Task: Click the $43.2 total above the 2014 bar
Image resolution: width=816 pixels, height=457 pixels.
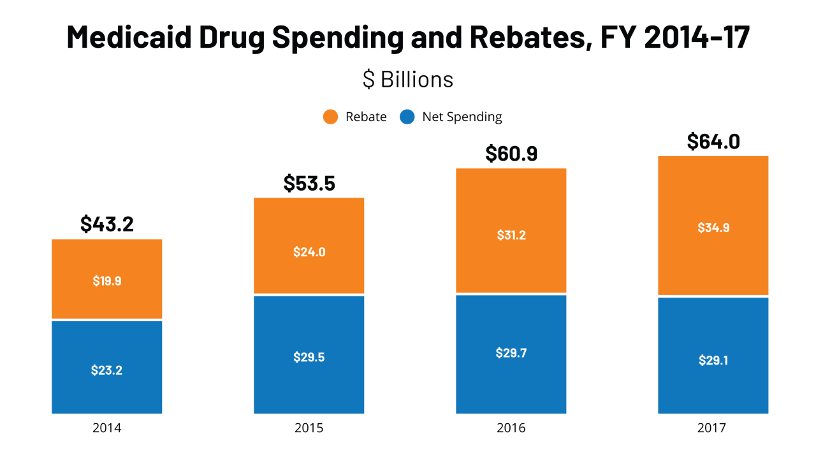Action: tap(107, 224)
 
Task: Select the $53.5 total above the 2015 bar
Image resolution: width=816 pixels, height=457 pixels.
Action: tap(309, 184)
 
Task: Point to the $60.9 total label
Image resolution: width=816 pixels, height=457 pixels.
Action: tap(511, 154)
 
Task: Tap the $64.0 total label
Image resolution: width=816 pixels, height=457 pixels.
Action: tap(713, 141)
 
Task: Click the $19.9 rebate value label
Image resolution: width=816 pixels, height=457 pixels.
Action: tap(107, 280)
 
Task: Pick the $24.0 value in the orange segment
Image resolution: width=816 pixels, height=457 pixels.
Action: tap(309, 252)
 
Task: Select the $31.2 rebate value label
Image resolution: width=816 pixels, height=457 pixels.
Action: tap(511, 235)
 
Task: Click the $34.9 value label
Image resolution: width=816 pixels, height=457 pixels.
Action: tap(713, 228)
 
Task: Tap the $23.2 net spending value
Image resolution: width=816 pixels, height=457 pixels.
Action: tap(107, 370)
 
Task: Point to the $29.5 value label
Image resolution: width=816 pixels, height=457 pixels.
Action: tap(309, 357)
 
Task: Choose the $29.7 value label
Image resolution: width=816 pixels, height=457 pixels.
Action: tap(511, 353)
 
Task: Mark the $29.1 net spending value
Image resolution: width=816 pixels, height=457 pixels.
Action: tap(713, 360)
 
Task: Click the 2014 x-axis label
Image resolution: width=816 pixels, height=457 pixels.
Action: tap(107, 428)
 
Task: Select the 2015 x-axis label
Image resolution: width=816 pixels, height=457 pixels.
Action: tap(309, 428)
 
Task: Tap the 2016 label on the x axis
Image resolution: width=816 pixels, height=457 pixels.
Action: tap(511, 428)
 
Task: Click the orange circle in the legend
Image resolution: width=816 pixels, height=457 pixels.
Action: tap(330, 117)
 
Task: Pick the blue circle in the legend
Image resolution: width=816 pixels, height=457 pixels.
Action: tap(407, 117)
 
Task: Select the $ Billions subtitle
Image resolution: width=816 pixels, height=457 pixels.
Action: tap(408, 79)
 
